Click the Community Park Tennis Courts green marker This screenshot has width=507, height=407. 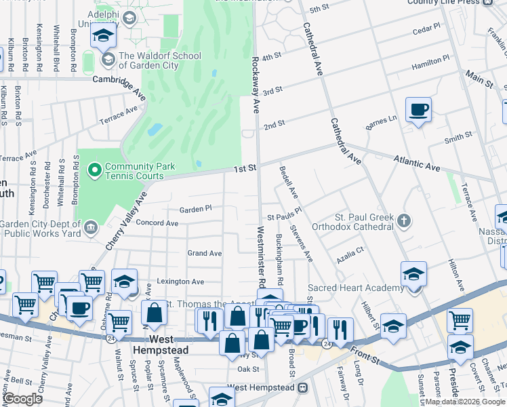tap(95, 168)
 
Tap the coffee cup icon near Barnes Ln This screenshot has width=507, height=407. tap(418, 109)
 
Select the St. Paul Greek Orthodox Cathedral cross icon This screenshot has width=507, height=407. tap(405, 220)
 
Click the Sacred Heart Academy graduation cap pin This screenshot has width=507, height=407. tap(413, 274)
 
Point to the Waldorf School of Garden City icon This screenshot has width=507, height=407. tap(107, 60)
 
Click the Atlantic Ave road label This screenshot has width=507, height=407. tap(418, 163)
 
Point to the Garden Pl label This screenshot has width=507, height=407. tap(196, 208)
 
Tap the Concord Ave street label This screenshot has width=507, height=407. tap(157, 222)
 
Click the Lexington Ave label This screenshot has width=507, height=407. tap(180, 282)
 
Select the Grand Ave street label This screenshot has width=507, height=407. tap(205, 253)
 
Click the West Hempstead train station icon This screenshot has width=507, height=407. tap(302, 387)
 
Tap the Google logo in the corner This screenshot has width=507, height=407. tap(23, 399)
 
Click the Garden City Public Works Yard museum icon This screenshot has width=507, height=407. tap(90, 226)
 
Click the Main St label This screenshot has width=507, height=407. tap(479, 79)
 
